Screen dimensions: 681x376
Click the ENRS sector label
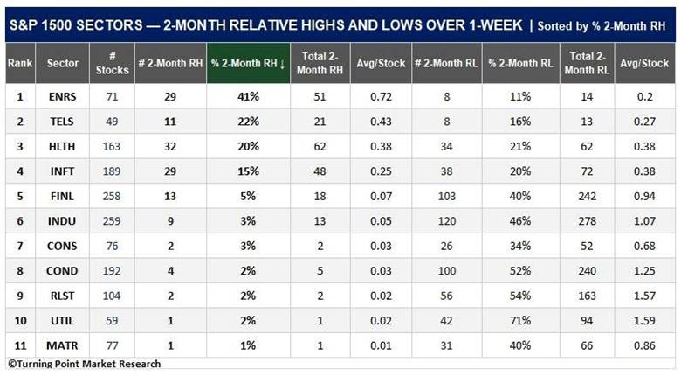62,96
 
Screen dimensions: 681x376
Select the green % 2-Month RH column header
248,63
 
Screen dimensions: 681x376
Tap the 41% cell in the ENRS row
248,96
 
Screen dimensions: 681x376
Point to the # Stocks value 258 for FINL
112,196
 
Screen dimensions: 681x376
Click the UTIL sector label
62,321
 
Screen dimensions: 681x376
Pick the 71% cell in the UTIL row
520,321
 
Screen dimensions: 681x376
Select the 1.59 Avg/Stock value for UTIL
644,321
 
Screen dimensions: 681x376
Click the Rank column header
20,63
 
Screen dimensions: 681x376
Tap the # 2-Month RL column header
446,63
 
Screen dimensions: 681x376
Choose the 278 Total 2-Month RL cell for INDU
587,221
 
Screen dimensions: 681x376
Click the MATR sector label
62,345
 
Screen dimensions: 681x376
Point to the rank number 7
20,246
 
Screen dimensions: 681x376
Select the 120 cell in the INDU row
446,221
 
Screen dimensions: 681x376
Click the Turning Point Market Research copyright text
85,364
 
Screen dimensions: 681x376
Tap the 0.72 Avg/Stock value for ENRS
381,96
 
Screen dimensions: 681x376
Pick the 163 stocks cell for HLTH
112,146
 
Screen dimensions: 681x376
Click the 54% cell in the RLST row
520,296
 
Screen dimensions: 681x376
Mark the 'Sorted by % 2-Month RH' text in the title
601,26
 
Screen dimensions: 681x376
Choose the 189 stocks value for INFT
112,171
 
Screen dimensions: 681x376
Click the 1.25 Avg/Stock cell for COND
644,271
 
